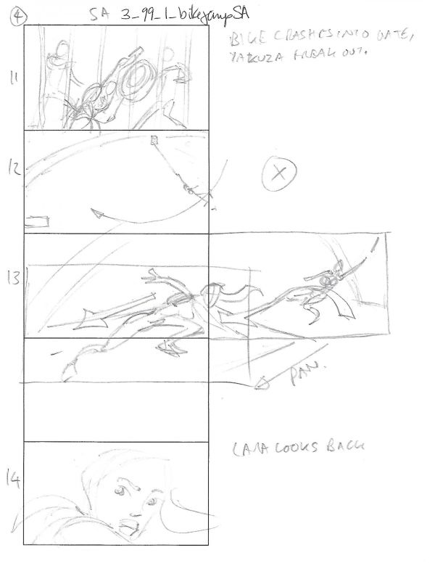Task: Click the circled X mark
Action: tap(276, 173)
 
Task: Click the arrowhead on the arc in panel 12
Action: tap(97, 212)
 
